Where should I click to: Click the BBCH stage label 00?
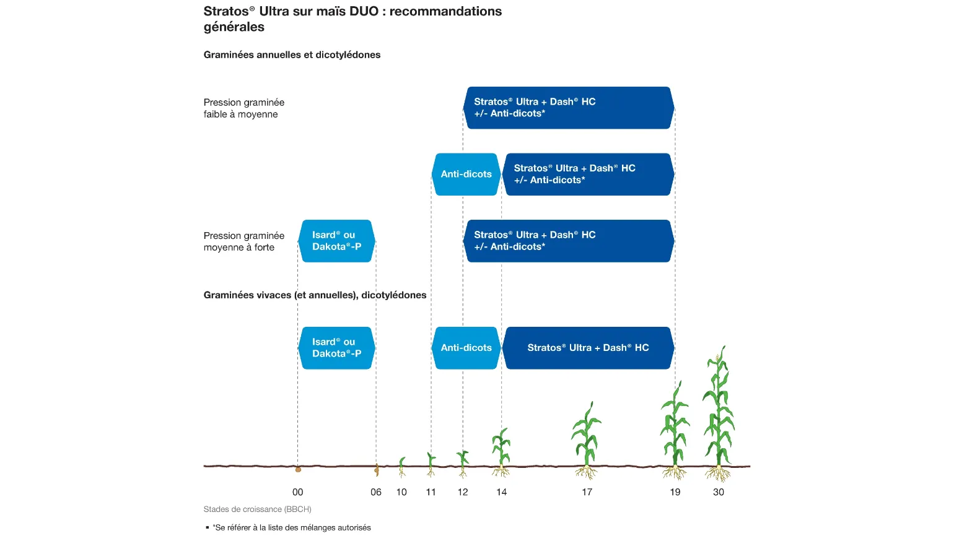tap(298, 492)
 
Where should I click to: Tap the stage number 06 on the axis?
tap(376, 492)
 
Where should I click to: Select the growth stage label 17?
tap(587, 492)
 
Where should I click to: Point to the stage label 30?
tap(719, 492)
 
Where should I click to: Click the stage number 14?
tap(502, 492)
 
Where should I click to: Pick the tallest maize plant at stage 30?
tap(719, 413)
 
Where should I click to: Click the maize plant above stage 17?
tap(587, 440)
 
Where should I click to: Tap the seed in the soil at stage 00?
tap(298, 470)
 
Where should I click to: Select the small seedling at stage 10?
tap(401, 467)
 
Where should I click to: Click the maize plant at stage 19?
tap(675, 430)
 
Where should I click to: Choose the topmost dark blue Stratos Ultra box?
tap(569, 108)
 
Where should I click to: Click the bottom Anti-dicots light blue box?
tap(466, 348)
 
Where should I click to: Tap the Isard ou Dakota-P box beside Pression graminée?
tap(336, 241)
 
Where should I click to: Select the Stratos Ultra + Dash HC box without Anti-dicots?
tap(588, 348)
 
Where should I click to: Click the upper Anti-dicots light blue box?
tap(466, 175)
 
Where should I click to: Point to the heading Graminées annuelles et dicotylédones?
tap(292, 55)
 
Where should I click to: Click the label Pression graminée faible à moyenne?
tap(244, 108)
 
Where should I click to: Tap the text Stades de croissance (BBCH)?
tap(257, 509)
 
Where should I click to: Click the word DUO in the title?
tap(364, 11)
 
